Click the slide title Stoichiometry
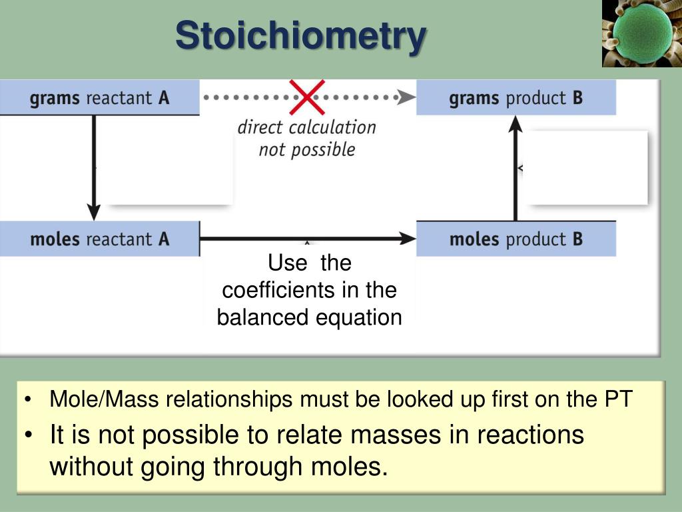[x=300, y=35]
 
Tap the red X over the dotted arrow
[x=306, y=97]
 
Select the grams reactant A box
[x=99, y=98]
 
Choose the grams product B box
[x=516, y=98]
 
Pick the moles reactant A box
[x=99, y=239]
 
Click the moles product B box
[x=516, y=239]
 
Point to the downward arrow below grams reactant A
[x=95, y=167]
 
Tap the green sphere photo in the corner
[x=640, y=33]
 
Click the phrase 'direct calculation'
[x=306, y=127]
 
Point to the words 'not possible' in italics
[x=306, y=149]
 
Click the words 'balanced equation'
[x=309, y=317]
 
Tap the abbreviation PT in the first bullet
[x=617, y=399]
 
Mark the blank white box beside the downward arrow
[x=170, y=167]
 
